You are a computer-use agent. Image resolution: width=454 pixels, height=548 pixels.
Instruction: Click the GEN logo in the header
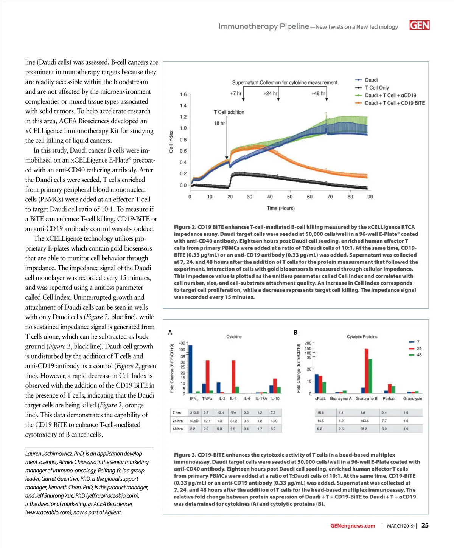[419, 25]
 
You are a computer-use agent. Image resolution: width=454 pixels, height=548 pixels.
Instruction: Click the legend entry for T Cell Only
[376, 88]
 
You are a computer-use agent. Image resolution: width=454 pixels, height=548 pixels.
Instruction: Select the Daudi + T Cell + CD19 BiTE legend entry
[395, 103]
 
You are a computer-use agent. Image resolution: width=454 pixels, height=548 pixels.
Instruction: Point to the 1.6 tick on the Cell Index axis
[183, 94]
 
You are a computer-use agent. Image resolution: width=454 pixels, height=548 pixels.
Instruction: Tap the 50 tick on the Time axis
[290, 197]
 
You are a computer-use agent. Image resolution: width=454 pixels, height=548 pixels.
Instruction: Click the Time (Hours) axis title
[280, 208]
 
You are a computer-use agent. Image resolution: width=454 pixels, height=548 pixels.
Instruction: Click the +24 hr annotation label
[270, 93]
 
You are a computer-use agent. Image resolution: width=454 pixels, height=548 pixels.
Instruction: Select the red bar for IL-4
[233, 377]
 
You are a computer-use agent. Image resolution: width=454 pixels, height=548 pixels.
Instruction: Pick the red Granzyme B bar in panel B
[366, 371]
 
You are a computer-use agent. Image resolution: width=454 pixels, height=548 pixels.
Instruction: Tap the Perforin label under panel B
[389, 399]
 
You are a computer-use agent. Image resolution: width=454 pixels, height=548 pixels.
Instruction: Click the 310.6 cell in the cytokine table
[194, 413]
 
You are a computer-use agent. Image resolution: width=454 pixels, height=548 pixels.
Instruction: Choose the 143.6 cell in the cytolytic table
[364, 421]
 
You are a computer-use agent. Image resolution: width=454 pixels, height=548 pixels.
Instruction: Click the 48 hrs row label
[177, 429]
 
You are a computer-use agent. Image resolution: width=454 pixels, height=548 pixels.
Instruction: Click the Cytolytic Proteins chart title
[362, 337]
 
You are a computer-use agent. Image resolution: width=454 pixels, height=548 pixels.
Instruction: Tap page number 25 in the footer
[425, 525]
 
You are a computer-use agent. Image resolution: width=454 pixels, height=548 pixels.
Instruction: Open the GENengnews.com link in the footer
[353, 526]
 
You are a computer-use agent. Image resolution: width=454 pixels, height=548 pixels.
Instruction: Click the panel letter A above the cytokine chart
[170, 333]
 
